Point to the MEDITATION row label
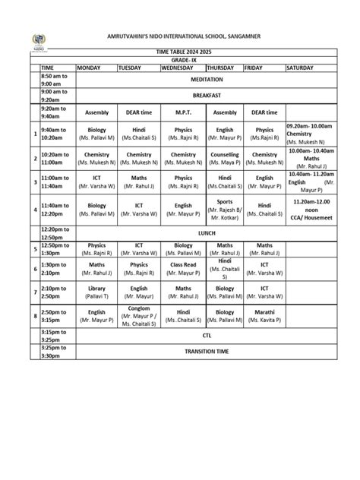tap(207, 79)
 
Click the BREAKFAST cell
tap(207, 95)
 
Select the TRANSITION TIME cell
tap(207, 352)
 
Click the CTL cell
tap(207, 334)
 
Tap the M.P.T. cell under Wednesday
tap(183, 112)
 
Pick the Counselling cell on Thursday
tap(224, 159)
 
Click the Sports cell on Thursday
tap(224, 210)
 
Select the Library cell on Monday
tap(96, 292)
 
